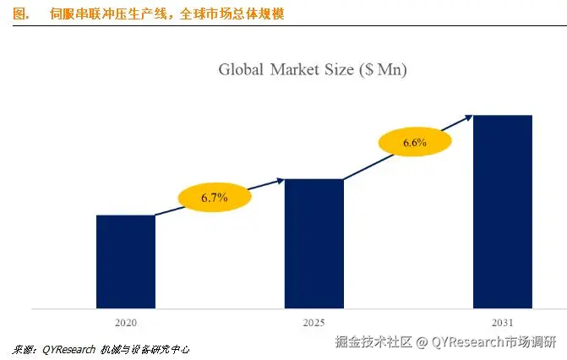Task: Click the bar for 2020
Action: [125, 261]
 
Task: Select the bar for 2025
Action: [313, 243]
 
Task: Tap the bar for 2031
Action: [502, 211]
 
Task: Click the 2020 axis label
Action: [125, 322]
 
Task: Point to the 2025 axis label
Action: [313, 322]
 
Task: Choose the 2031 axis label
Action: [502, 322]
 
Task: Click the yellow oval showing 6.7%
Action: [215, 198]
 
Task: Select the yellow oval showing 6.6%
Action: [414, 143]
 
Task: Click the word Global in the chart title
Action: [242, 70]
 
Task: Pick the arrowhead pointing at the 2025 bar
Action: [280, 180]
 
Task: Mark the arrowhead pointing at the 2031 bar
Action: [467, 117]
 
